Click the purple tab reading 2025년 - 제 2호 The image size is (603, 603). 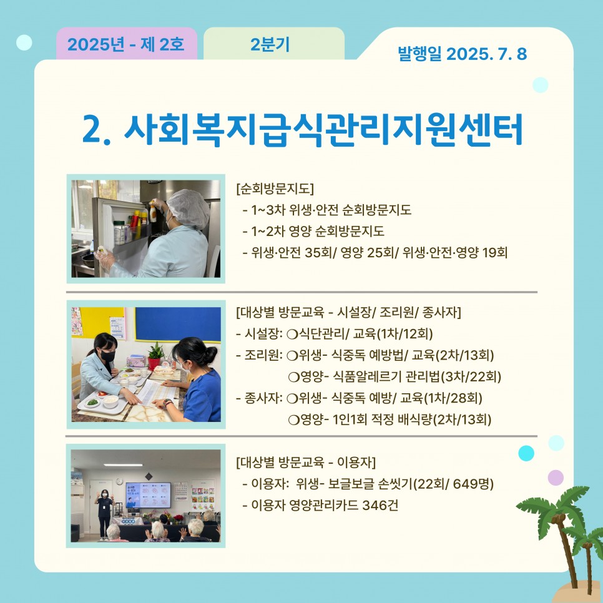click(127, 44)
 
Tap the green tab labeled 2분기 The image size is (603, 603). click(274, 44)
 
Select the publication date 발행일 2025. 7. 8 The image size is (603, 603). click(463, 54)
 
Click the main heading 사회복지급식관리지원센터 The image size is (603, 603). click(323, 129)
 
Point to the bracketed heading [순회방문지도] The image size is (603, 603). click(275, 189)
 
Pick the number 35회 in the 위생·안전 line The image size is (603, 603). click(318, 253)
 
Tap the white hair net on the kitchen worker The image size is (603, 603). click(188, 208)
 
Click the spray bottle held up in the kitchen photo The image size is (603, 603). click(153, 210)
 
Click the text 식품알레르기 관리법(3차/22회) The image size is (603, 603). click(417, 376)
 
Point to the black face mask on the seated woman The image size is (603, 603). click(107, 356)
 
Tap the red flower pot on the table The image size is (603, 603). click(154, 363)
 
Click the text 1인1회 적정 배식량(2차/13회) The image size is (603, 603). click(412, 419)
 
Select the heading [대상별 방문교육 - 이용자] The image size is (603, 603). click(306, 462)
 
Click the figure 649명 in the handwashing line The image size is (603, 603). click(473, 483)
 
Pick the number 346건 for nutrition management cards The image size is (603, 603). click(380, 505)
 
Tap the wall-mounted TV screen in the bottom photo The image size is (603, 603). click(148, 496)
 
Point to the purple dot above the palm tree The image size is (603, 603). click(556, 478)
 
